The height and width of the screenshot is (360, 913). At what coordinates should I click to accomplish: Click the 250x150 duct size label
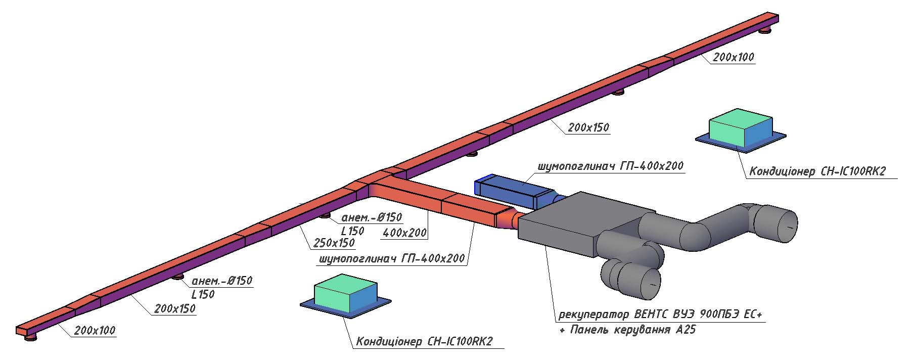[x=334, y=243]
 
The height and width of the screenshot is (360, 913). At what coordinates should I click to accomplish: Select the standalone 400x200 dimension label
[x=404, y=233]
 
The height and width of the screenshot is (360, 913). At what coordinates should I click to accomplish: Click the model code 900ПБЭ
[x=720, y=314]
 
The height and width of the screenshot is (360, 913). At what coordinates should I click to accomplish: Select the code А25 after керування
[x=686, y=330]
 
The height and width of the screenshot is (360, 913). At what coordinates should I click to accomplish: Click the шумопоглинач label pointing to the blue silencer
[x=610, y=165]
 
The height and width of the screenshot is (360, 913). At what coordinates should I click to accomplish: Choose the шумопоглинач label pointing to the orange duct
[x=391, y=258]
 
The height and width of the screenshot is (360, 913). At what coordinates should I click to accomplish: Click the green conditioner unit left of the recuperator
[x=346, y=296]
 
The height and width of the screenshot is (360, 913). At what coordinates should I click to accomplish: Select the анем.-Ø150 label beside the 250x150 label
[x=372, y=217]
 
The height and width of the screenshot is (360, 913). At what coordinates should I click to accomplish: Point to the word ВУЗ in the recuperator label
[x=683, y=314]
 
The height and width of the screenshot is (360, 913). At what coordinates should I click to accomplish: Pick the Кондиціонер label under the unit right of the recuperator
[x=817, y=171]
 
